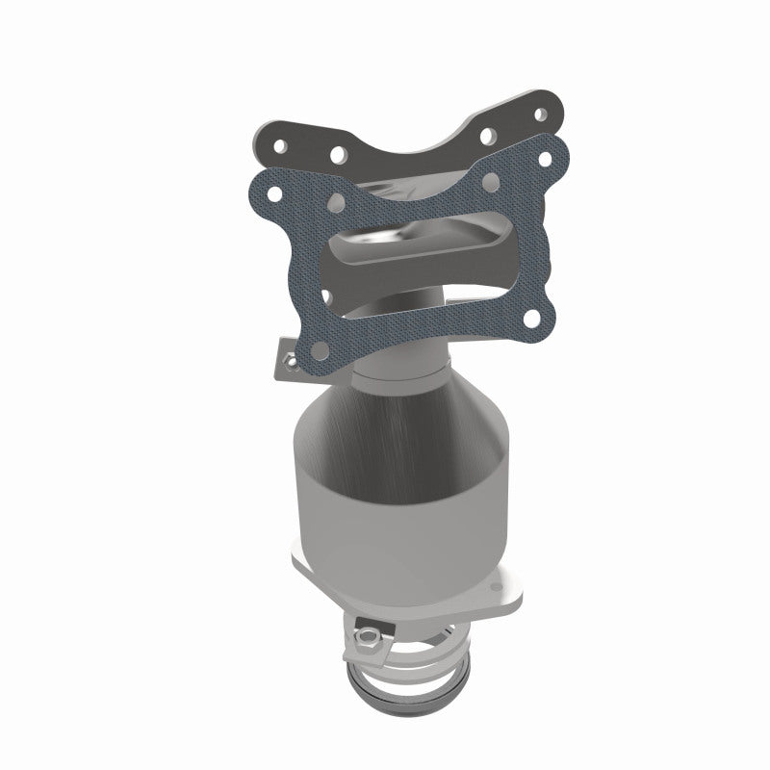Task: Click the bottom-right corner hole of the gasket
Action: click(532, 313)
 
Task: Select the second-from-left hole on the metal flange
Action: click(336, 153)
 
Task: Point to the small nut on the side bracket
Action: click(291, 361)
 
